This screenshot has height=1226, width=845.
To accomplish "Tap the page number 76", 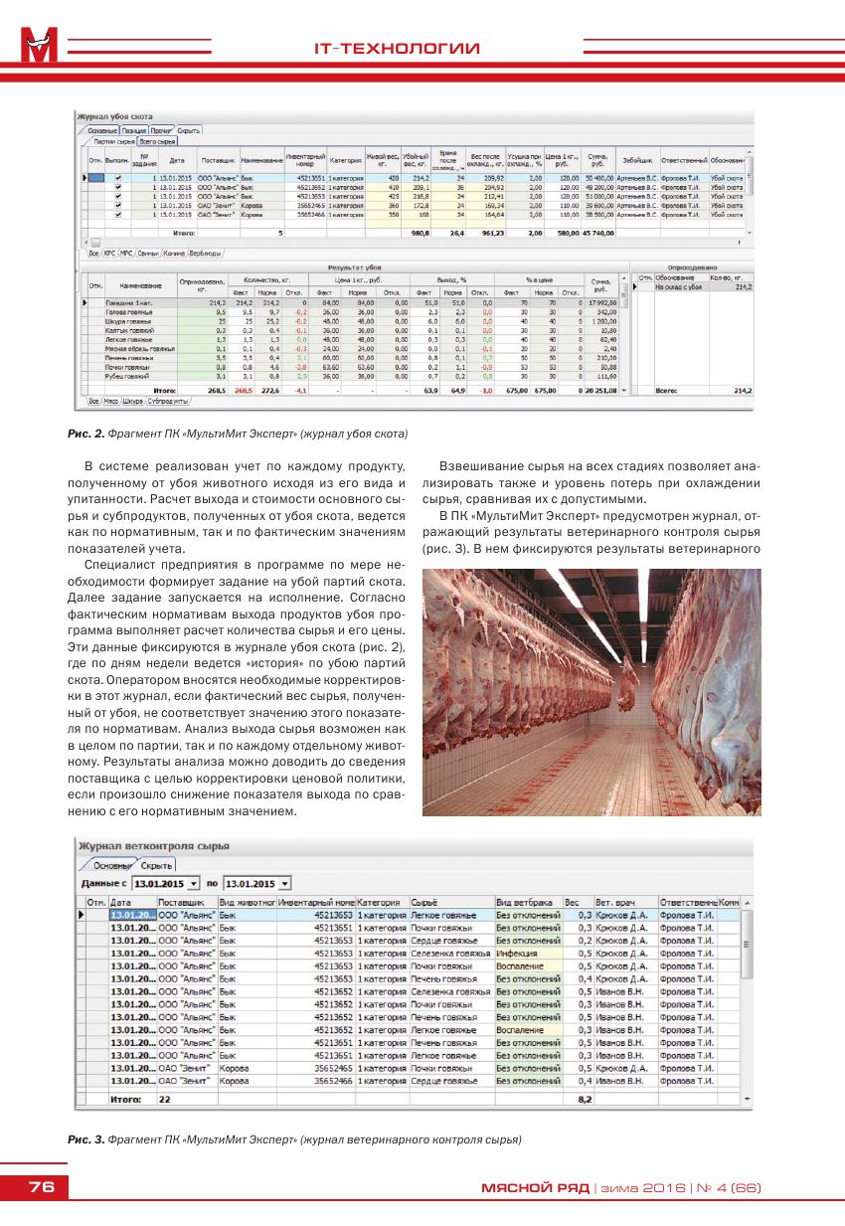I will pyautogui.click(x=41, y=1187).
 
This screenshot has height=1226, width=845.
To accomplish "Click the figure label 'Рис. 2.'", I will pyautogui.click(x=86, y=434).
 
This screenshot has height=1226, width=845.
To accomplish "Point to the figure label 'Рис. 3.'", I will pyautogui.click(x=86, y=1138).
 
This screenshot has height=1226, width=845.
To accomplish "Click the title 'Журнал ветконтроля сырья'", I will pyautogui.click(x=154, y=845).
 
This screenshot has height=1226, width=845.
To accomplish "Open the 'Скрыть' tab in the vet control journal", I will pyautogui.click(x=156, y=865).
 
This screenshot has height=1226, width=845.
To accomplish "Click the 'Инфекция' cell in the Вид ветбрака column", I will pyautogui.click(x=517, y=953).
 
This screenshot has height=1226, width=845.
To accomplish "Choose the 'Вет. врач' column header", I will pyautogui.click(x=613, y=902).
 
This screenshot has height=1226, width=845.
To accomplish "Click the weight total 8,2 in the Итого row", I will pyautogui.click(x=585, y=1099).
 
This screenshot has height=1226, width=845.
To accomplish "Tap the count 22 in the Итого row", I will pyautogui.click(x=165, y=1099).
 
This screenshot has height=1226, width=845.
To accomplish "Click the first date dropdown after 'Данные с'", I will pyautogui.click(x=166, y=883).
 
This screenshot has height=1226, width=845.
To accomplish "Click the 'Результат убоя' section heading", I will pyautogui.click(x=354, y=267).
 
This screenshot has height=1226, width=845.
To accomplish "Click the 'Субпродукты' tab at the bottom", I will pyautogui.click(x=167, y=400).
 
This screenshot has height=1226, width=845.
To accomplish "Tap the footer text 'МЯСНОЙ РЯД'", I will pyautogui.click(x=535, y=1187).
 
